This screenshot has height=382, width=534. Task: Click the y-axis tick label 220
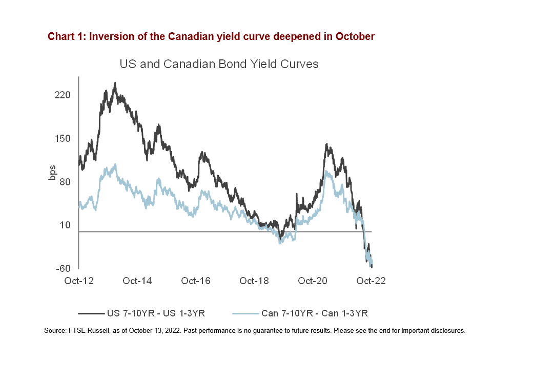pyautogui.click(x=63, y=95)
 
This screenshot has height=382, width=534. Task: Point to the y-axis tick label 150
pyautogui.click(x=63, y=139)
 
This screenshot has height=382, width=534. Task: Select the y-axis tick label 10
pyautogui.click(x=66, y=225)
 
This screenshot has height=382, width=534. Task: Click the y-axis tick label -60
pyautogui.click(x=63, y=268)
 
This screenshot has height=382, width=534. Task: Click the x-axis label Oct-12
pyautogui.click(x=78, y=281)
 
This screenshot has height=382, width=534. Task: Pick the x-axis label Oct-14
pyautogui.click(x=137, y=281)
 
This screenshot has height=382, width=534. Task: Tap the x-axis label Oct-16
pyautogui.click(x=196, y=281)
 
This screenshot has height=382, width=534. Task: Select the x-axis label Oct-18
pyautogui.click(x=254, y=281)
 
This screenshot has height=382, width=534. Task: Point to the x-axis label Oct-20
pyautogui.click(x=313, y=281)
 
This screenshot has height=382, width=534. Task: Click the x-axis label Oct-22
pyautogui.click(x=371, y=281)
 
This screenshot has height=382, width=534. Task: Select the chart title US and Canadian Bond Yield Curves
pyautogui.click(x=219, y=64)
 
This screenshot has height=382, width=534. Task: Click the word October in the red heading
pyautogui.click(x=355, y=37)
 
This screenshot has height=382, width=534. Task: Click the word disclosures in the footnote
pyautogui.click(x=448, y=331)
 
